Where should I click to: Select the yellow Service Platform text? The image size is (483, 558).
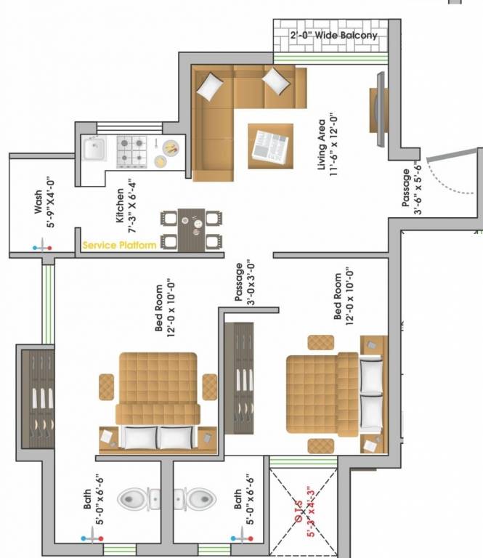[x=119, y=246]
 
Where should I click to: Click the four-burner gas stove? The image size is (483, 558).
[x=132, y=150]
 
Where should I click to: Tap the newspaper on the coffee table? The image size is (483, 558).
[x=271, y=146]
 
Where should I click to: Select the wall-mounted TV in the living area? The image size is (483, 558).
[x=381, y=109]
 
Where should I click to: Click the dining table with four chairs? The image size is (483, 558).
[x=192, y=229]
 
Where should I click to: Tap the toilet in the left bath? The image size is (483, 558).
[x=134, y=498]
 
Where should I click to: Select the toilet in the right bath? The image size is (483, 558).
[x=200, y=498]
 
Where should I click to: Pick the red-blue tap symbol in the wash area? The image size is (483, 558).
[x=42, y=248]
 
